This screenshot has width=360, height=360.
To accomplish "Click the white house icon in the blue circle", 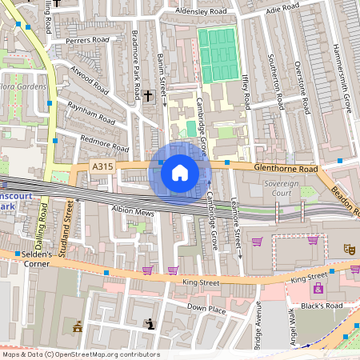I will tap(180, 171).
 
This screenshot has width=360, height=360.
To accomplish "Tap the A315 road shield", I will tap(102, 166).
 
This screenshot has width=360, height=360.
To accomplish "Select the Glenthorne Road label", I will tap(286, 169).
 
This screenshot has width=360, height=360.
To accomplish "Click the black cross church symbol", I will tap(148, 96).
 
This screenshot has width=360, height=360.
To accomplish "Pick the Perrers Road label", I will tap(87, 40).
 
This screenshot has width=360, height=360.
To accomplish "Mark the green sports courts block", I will tap(218, 54).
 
